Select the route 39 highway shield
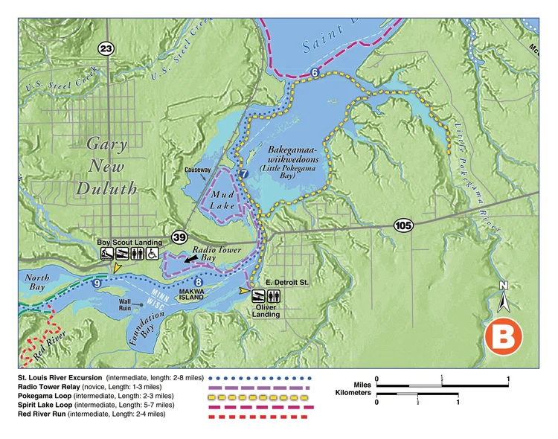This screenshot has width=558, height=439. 179,237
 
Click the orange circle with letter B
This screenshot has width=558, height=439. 504,336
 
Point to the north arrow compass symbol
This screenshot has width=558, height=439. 504,298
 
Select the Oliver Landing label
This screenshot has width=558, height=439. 266,310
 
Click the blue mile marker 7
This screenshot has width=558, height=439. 243,173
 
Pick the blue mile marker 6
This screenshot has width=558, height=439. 315,73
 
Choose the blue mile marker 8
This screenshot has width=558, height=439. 199,281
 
